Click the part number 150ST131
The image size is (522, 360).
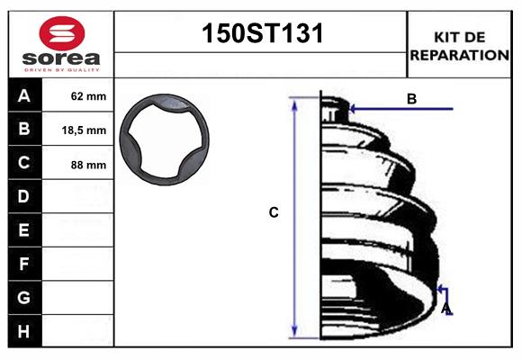pyautogui.click(x=260, y=34)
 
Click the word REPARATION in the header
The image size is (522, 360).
pyautogui.click(x=460, y=55)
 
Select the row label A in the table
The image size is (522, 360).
pyautogui.click(x=24, y=96)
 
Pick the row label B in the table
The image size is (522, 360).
pyautogui.click(x=24, y=130)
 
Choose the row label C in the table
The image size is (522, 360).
pyautogui.click(x=24, y=163)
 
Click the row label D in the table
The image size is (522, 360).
pyautogui.click(x=24, y=196)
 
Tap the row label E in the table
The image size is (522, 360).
pyautogui.click(x=24, y=230)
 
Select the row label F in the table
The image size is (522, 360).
pyautogui.click(x=24, y=264)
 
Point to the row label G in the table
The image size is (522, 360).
pyautogui.click(x=24, y=297)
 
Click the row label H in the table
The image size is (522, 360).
pyautogui.click(x=24, y=331)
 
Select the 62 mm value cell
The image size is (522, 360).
pyautogui.click(x=88, y=96)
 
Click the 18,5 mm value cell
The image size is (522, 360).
pyautogui.click(x=84, y=130)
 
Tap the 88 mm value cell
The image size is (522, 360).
pyautogui.click(x=88, y=164)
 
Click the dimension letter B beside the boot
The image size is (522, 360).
pyautogui.click(x=411, y=99)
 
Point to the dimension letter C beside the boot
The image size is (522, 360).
pyautogui.click(x=274, y=213)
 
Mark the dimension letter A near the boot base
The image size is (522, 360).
pyautogui.click(x=445, y=310)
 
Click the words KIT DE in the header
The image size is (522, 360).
pyautogui.click(x=460, y=37)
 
